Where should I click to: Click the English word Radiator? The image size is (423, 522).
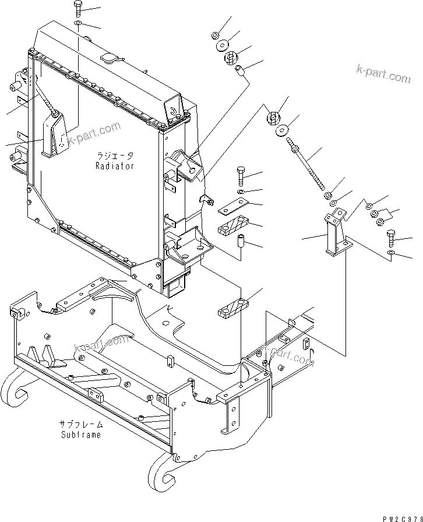point(115,166)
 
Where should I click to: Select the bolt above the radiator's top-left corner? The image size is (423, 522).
point(79,9)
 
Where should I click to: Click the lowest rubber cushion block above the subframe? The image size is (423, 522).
point(233,309)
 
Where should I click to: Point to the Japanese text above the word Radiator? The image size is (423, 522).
point(115,156)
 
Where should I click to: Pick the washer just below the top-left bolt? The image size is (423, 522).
point(79,24)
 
